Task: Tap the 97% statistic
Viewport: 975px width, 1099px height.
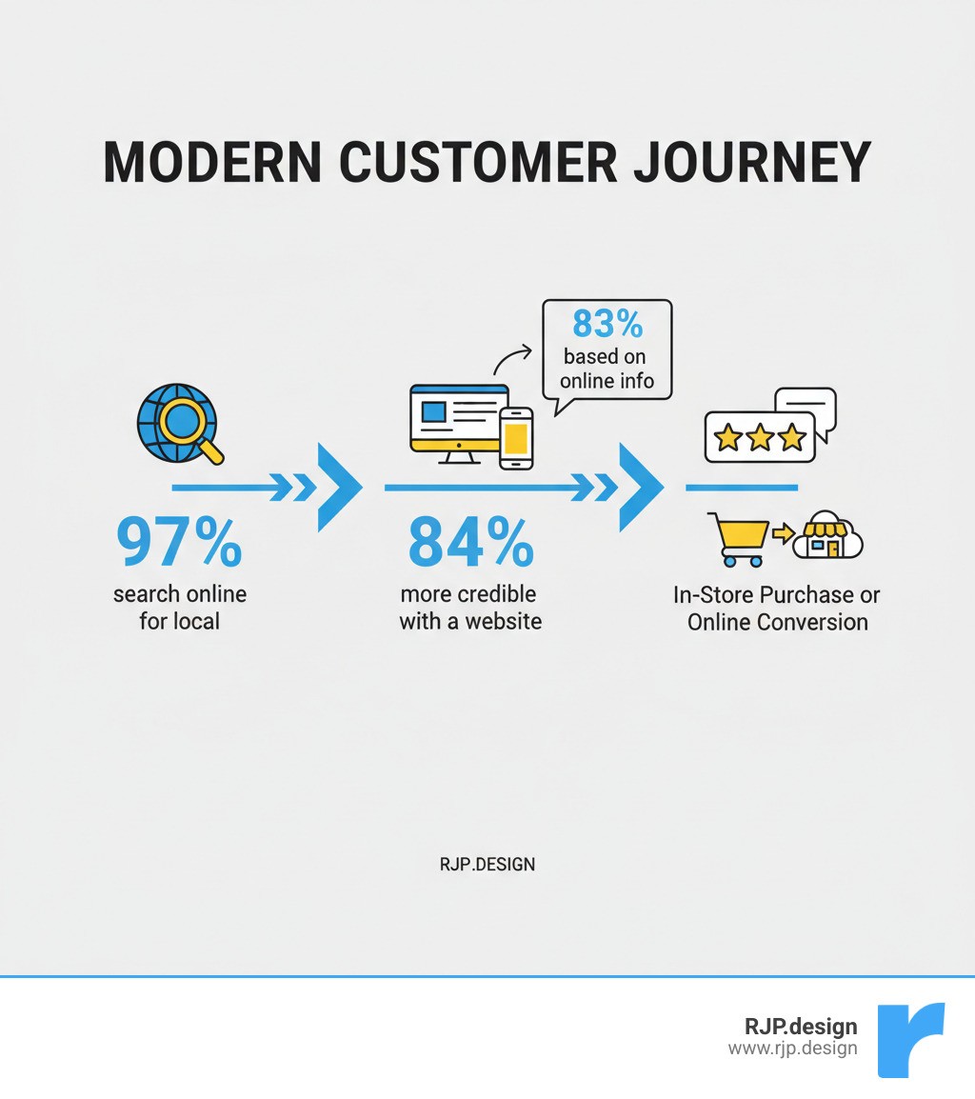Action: pos(179,543)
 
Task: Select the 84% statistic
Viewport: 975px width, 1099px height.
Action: pos(470,543)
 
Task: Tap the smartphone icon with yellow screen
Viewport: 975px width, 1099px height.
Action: pos(516,438)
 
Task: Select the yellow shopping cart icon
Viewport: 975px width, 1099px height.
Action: pos(739,538)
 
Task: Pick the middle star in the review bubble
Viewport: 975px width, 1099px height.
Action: pos(760,438)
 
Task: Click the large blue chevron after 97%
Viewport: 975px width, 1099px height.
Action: pos(339,487)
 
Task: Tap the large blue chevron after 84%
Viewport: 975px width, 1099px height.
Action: pos(641,487)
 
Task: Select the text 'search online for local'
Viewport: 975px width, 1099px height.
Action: pos(179,608)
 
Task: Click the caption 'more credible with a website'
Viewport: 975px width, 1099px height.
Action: pos(470,608)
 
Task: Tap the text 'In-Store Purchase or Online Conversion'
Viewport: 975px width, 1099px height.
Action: pos(777,609)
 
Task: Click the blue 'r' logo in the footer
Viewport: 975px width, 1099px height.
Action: pos(909,1039)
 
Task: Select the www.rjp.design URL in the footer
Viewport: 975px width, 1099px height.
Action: pos(792,1049)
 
